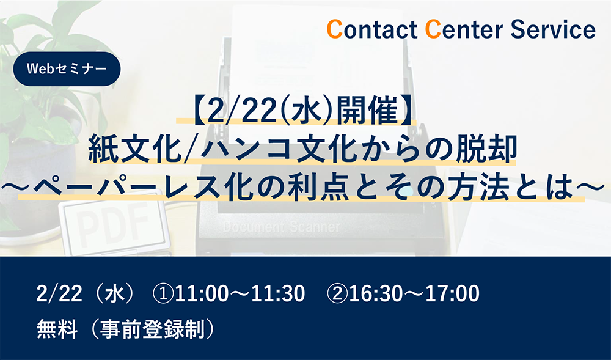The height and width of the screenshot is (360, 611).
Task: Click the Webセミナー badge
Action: [67, 69]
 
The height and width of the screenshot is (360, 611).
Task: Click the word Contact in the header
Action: [371, 29]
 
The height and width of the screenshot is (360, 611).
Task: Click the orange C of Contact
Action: [334, 29]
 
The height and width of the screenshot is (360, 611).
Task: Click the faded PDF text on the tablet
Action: [114, 219]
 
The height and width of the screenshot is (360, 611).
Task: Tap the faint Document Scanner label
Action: [281, 227]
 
